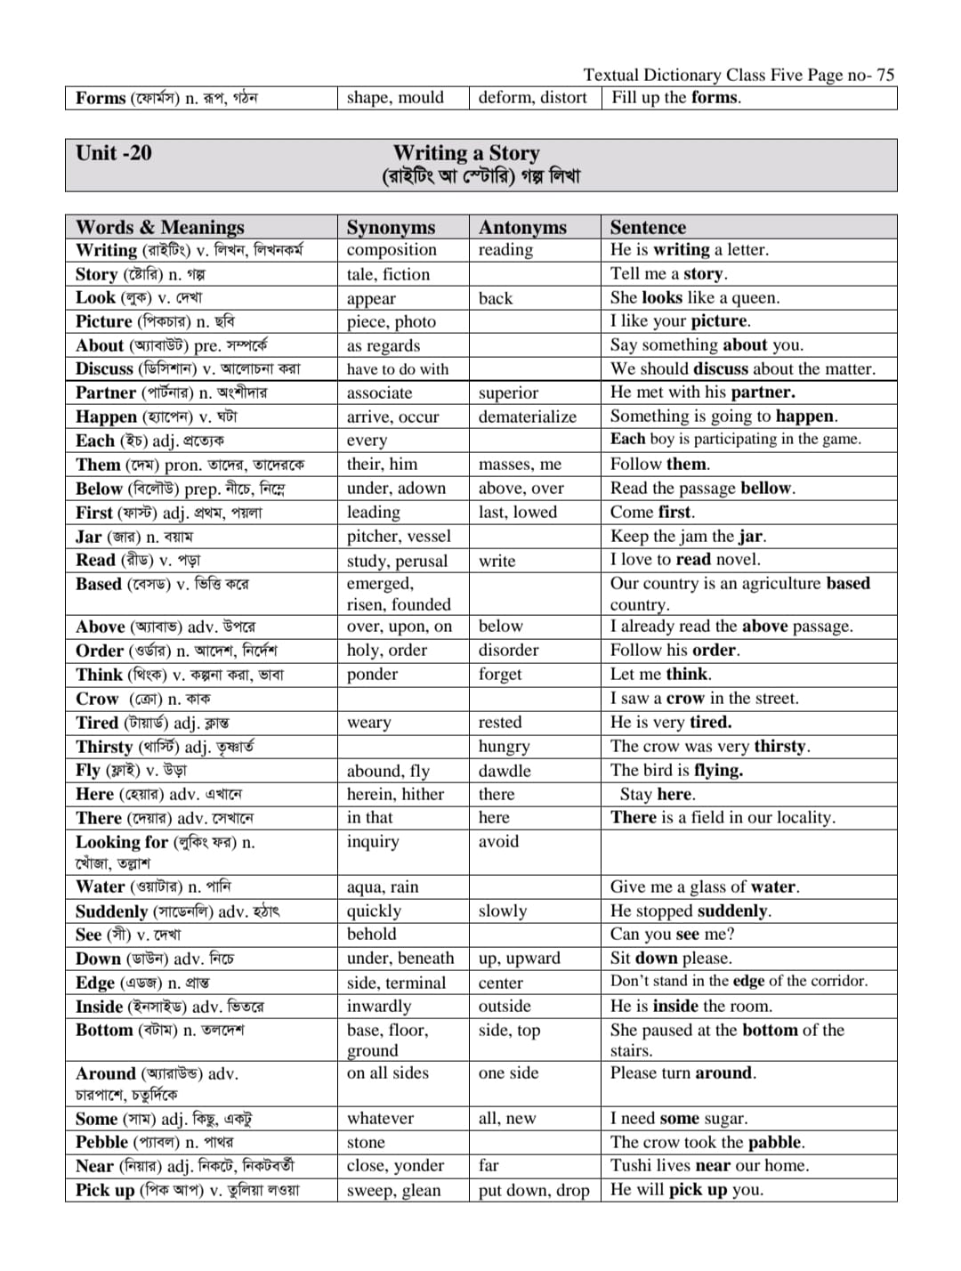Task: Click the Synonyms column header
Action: click(391, 227)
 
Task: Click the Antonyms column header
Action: click(522, 227)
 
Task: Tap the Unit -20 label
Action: click(114, 153)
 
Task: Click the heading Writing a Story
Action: click(466, 153)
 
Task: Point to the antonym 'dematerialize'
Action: click(527, 417)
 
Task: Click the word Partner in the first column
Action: click(106, 393)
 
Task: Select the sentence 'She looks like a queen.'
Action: click(694, 297)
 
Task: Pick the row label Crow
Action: click(97, 699)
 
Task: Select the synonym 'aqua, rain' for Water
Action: click(383, 886)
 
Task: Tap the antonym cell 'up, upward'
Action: click(519, 958)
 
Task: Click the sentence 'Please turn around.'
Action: click(682, 1073)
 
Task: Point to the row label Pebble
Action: click(101, 1142)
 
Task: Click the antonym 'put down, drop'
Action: click(533, 1190)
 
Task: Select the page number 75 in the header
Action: click(884, 75)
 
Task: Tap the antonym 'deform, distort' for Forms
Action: click(532, 98)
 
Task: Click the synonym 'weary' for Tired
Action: click(368, 723)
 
